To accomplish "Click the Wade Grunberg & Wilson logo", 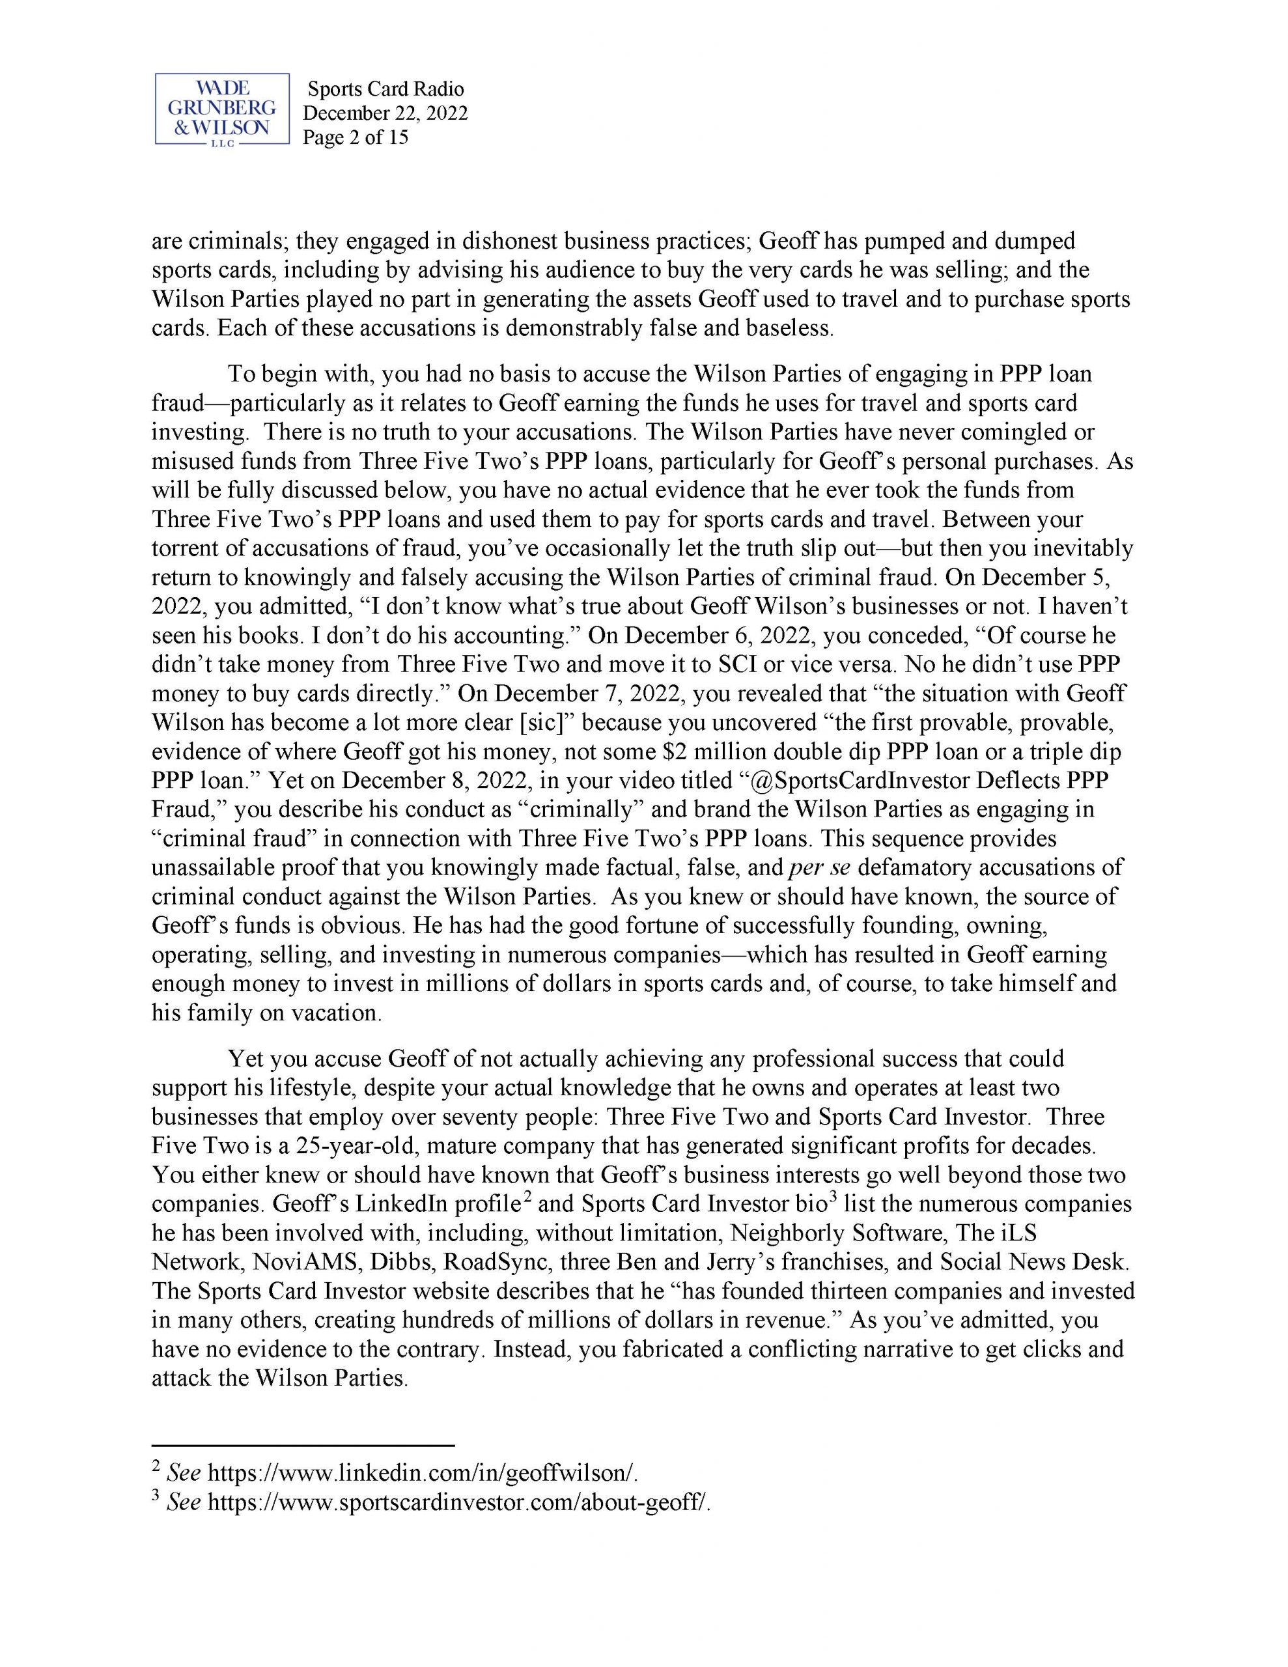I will point(221,109).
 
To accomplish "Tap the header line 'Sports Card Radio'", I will point(385,89).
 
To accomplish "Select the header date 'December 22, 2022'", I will point(385,113).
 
